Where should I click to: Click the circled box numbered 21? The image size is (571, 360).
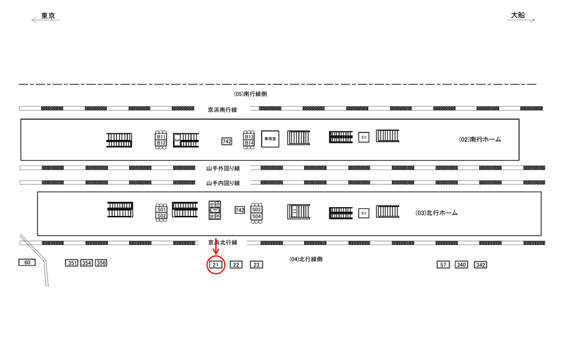(x=216, y=265)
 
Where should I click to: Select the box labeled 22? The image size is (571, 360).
(x=236, y=265)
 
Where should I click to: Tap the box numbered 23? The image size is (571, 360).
(x=256, y=265)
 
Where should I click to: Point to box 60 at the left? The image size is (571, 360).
(x=27, y=262)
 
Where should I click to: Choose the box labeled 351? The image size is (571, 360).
(x=72, y=263)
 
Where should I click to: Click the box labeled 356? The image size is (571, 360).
(x=101, y=263)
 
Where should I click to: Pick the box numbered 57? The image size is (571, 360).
(x=443, y=265)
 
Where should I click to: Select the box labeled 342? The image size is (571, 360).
(x=481, y=265)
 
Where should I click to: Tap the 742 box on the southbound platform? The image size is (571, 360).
(x=227, y=141)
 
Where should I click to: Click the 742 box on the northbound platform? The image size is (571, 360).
(x=240, y=210)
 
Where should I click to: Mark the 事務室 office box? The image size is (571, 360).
(x=270, y=139)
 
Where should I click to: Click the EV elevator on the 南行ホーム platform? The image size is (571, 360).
(x=363, y=137)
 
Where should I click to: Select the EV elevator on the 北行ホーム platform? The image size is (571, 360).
(x=363, y=213)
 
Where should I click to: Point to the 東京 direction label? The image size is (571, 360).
(x=48, y=16)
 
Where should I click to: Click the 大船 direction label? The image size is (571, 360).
(x=518, y=16)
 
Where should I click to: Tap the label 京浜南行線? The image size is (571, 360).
(x=222, y=109)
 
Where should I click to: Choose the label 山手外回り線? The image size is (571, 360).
(x=223, y=168)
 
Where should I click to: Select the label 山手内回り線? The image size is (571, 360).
(x=223, y=183)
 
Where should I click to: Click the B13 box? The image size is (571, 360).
(x=249, y=137)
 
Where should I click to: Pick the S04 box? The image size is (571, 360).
(x=256, y=217)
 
